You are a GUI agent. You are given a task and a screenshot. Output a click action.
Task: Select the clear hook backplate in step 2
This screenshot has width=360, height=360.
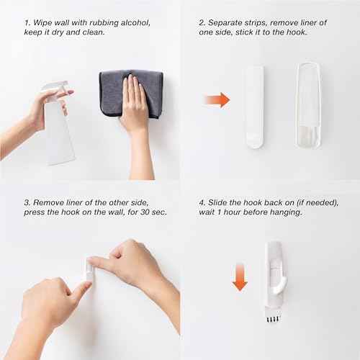pos(313,104)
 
